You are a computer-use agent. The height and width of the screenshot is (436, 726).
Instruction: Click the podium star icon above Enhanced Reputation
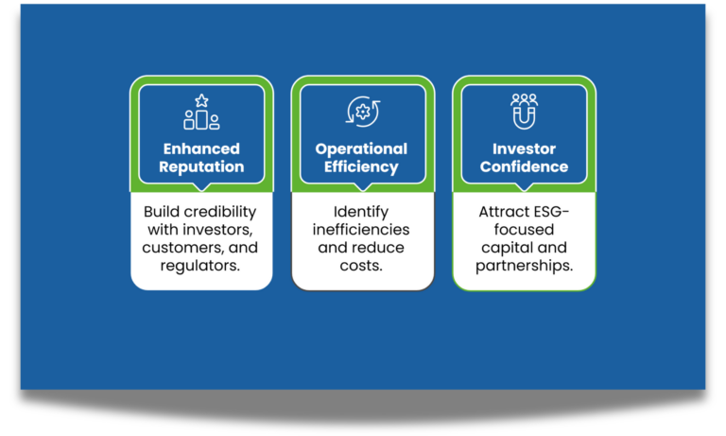pos(201,113)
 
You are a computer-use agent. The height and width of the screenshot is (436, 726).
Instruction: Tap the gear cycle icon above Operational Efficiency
pos(362,112)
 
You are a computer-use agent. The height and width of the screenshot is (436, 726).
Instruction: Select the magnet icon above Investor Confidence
pos(524,112)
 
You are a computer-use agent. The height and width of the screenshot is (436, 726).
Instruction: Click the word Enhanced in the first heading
pos(201,148)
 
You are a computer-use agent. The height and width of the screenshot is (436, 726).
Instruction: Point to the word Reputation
pos(201,167)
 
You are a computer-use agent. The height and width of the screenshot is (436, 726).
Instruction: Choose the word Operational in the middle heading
pos(362,148)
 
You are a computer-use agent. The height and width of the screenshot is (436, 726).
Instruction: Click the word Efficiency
pos(362,167)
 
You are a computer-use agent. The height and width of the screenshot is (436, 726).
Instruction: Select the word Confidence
pos(524,167)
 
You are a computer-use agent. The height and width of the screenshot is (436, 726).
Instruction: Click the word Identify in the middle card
pos(362,211)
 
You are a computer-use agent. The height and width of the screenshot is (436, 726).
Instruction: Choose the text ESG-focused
pos(524,220)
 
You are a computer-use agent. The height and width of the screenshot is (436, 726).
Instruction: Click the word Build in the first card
pos(164,211)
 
